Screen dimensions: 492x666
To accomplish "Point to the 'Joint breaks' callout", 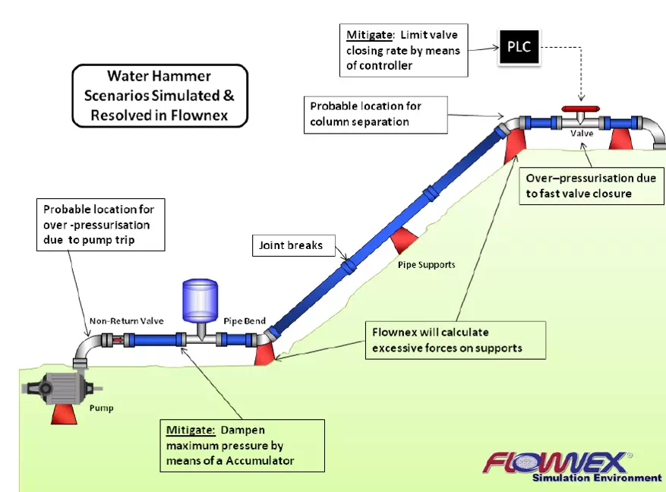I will (x=291, y=245).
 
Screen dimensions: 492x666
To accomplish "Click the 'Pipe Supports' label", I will (x=426, y=265).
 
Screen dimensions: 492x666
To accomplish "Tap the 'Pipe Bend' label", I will (x=244, y=321).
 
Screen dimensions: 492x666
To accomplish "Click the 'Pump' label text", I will (x=101, y=408).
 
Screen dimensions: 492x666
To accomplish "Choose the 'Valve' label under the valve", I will (x=582, y=134).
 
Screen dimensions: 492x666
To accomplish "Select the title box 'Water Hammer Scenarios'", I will (x=159, y=96).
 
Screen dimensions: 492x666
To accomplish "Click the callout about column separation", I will (x=375, y=114).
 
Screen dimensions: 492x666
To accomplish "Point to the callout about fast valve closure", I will (x=590, y=185).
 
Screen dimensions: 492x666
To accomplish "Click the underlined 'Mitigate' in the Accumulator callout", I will (x=191, y=430).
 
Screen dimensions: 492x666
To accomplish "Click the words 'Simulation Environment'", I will (x=596, y=478).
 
